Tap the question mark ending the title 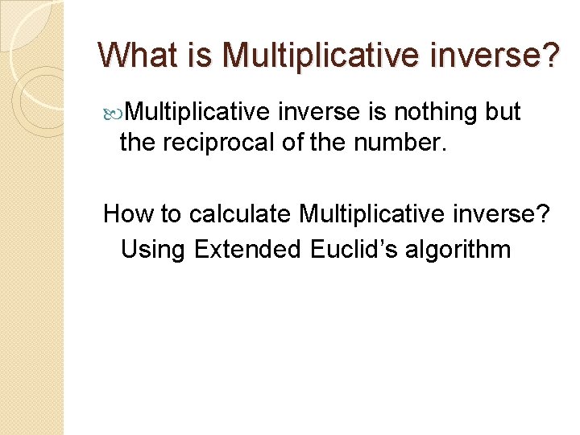[547, 55]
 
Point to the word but [503, 112]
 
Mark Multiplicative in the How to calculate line [370, 214]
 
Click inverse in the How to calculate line [503, 214]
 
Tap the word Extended [247, 249]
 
